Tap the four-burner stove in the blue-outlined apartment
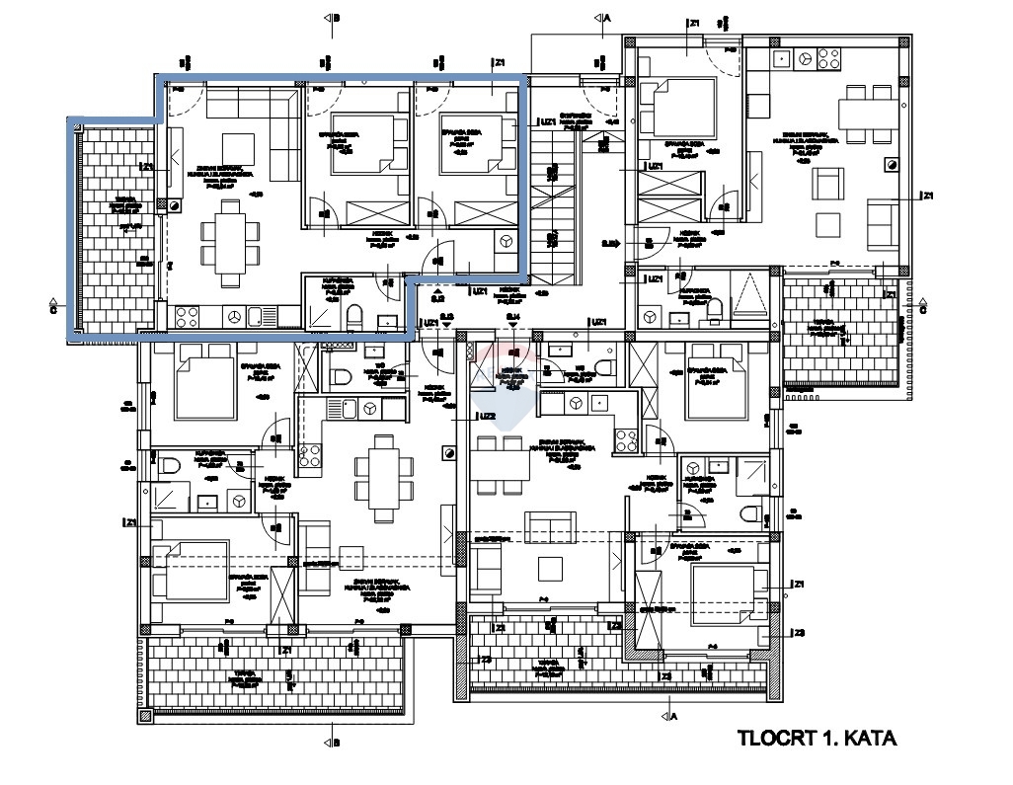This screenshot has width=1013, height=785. (187, 317)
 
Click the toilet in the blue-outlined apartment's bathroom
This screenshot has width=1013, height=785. (355, 317)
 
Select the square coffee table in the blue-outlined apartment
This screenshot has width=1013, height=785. (237, 148)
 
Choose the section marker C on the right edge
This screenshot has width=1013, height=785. (922, 307)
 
